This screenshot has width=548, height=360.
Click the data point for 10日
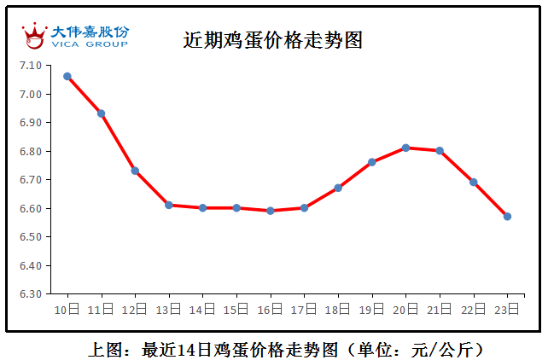click(x=67, y=76)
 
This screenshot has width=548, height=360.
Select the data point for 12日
click(x=135, y=171)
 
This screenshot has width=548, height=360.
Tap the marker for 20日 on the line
click(x=406, y=148)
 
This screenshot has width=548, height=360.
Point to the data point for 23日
click(x=507, y=217)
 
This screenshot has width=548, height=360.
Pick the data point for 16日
click(x=271, y=211)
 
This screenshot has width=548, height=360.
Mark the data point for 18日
click(x=338, y=188)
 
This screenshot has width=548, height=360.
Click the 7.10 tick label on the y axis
click(x=31, y=66)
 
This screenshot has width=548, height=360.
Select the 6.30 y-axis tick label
click(x=31, y=294)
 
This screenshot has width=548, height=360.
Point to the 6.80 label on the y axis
click(x=31, y=152)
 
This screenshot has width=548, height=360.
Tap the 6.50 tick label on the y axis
click(x=31, y=237)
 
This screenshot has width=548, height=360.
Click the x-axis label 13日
click(x=169, y=309)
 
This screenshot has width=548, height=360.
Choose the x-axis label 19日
click(x=371, y=309)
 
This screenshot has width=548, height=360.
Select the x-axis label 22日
click(x=473, y=309)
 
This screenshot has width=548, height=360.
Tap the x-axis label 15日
click(x=236, y=309)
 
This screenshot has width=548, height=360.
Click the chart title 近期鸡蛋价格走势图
click(x=273, y=39)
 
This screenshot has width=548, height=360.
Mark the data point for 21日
click(x=440, y=150)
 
